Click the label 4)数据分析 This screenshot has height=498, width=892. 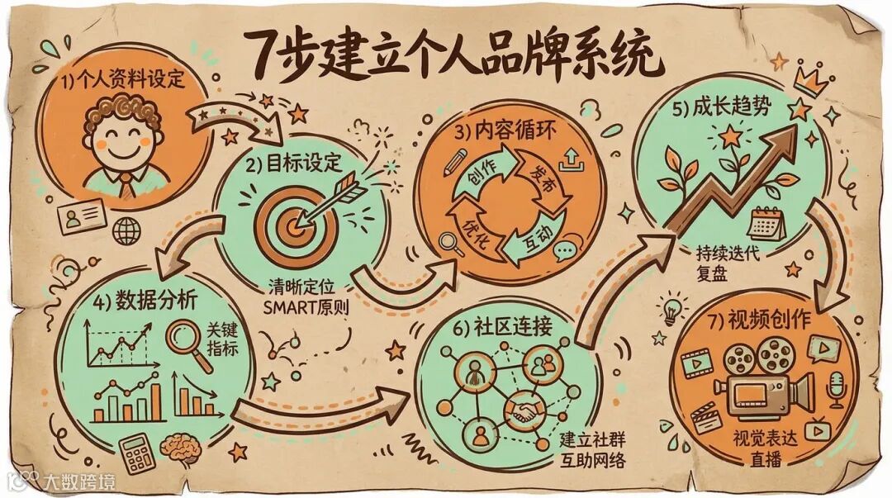coord(145,301)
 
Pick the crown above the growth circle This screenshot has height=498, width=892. coord(812,81)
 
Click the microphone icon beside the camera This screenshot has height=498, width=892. coord(836,387)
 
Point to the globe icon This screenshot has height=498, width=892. coord(126,231)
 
